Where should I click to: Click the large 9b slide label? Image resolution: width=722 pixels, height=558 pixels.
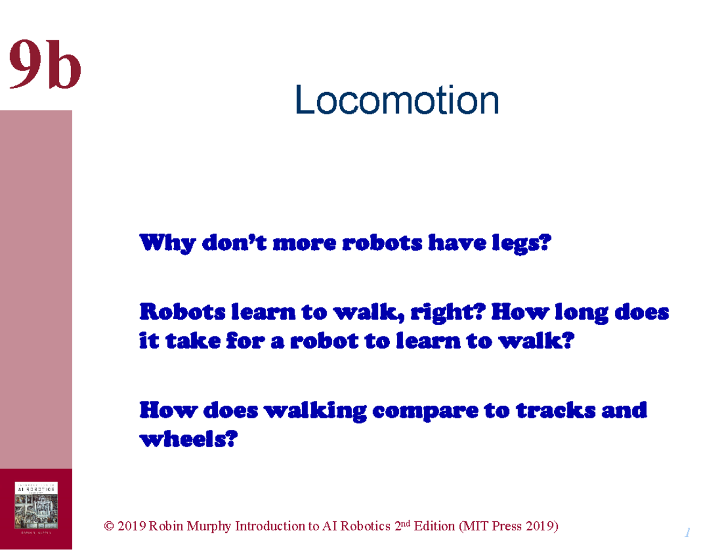(x=45, y=64)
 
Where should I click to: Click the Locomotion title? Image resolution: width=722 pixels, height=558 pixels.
(x=396, y=101)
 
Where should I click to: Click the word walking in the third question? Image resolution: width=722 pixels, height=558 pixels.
(x=316, y=411)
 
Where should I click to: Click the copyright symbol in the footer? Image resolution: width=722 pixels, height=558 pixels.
(x=109, y=527)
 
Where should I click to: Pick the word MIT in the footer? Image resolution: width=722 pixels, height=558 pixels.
(x=474, y=527)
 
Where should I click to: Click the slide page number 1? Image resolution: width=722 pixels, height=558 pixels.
(x=687, y=533)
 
